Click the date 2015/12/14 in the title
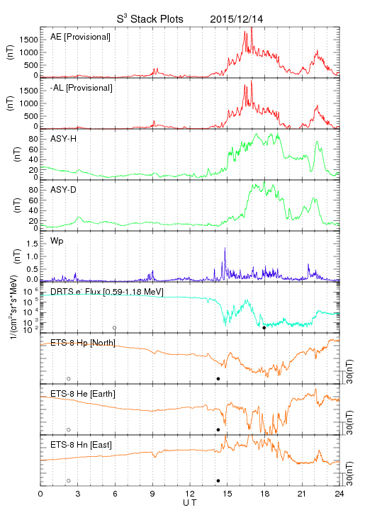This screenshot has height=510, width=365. pos(237,19)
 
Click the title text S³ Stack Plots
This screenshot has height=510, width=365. pos(150,19)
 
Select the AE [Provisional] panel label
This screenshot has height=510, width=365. pos(80,37)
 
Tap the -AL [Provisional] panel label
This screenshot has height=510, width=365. pos(82,88)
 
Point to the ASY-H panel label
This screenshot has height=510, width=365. pos(63,139)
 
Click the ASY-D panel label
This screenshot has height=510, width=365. pos(63,190)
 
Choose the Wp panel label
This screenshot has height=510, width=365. pos(57,242)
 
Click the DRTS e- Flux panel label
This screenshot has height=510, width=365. pos(107,291)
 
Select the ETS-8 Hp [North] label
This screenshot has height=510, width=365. pos(83,343)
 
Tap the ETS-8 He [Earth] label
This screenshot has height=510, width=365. pos(83,394)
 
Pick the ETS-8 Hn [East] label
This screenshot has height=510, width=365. pos(81,445)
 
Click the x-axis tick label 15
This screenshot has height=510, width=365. pos(228,494)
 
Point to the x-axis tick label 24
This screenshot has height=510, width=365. pos(339,494)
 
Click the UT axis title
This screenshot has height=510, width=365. pos(190,503)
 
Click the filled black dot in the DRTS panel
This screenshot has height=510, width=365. pos(264,328)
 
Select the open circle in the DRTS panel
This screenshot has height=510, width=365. pos(115,328)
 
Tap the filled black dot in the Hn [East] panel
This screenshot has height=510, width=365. pos(218,481)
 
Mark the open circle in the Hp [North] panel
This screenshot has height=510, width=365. pos(69,378)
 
